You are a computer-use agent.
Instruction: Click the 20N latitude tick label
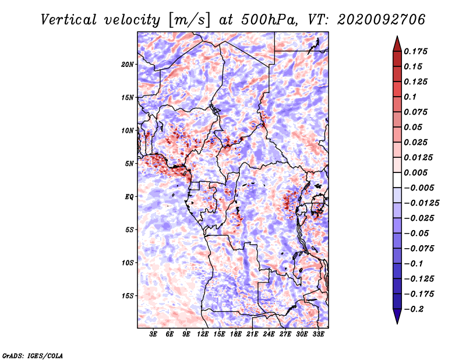pyautogui.click(x=128, y=65)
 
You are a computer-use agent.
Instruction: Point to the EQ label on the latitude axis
pyautogui.click(x=129, y=197)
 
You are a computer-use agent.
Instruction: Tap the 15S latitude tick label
pyautogui.click(x=128, y=296)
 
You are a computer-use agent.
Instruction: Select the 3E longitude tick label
pyautogui.click(x=153, y=334)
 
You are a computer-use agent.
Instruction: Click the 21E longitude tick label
pyautogui.click(x=252, y=334)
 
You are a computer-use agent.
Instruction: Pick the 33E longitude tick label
pyautogui.click(x=318, y=334)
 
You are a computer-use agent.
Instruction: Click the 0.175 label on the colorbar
pyautogui.click(x=415, y=51)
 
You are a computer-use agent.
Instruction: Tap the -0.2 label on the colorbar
pyautogui.click(x=414, y=309)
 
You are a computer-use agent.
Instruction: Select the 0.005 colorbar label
pyautogui.click(x=415, y=172)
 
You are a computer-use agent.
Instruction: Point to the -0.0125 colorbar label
pyautogui.click(x=421, y=203)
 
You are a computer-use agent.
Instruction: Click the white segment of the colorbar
pyautogui.click(x=397, y=180)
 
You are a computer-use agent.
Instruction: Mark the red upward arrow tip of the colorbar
pyautogui.click(x=397, y=36)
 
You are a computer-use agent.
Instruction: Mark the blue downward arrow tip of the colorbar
pyautogui.click(x=397, y=324)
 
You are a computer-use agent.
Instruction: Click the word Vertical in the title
pyautogui.click(x=69, y=20)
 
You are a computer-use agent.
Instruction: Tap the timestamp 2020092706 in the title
pyautogui.click(x=382, y=20)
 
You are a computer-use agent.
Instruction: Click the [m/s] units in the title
pyautogui.click(x=189, y=20)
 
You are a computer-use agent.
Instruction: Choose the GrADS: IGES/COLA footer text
pyautogui.click(x=33, y=356)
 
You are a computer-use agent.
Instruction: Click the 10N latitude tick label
pyautogui.click(x=128, y=130)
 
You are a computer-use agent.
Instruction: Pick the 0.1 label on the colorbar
pyautogui.click(x=410, y=97)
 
